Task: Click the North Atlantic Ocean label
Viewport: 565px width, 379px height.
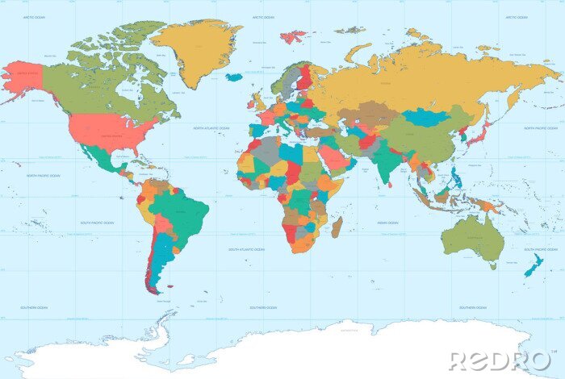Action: point(211,128)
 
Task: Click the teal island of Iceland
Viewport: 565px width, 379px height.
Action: point(234,77)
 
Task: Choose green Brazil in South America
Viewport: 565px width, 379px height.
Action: point(185,214)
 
